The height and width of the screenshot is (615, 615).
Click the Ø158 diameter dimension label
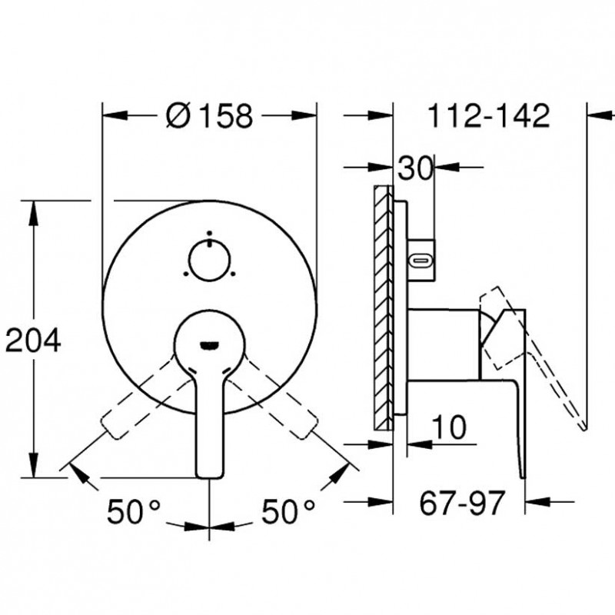tap(209, 116)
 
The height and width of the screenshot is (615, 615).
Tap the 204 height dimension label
tap(33, 340)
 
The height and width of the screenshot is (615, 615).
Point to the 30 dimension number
tap(414, 168)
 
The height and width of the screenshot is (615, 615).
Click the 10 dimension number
tap(449, 427)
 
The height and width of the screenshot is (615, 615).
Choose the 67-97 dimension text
tap(461, 504)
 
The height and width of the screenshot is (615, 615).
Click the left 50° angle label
tap(134, 511)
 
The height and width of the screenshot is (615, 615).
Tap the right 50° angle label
tap(288, 511)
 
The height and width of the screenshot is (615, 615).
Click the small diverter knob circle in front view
tap(209, 261)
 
